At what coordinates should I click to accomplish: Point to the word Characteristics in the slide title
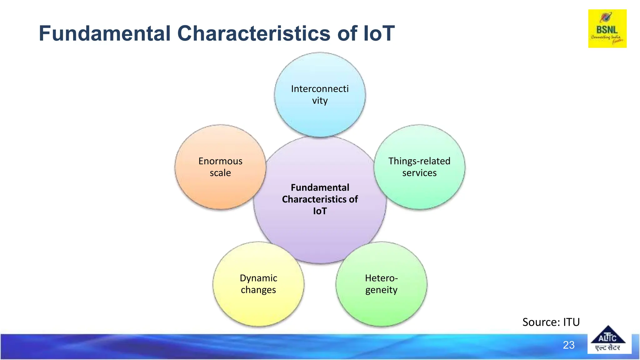click(x=254, y=33)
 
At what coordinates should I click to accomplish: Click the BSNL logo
click(x=607, y=29)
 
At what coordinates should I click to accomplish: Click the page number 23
click(x=568, y=345)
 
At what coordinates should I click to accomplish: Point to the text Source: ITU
click(x=551, y=322)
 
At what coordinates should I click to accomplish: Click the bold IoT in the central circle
click(x=320, y=211)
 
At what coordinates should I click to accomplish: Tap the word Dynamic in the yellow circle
click(x=258, y=278)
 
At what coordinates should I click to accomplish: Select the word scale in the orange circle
click(x=220, y=173)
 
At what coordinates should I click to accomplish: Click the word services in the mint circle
click(x=419, y=173)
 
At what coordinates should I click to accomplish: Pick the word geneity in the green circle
click(x=381, y=290)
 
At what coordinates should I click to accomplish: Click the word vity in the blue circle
click(x=320, y=101)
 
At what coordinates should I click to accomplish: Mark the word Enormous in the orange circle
click(x=220, y=161)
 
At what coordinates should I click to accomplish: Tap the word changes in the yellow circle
click(x=258, y=290)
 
